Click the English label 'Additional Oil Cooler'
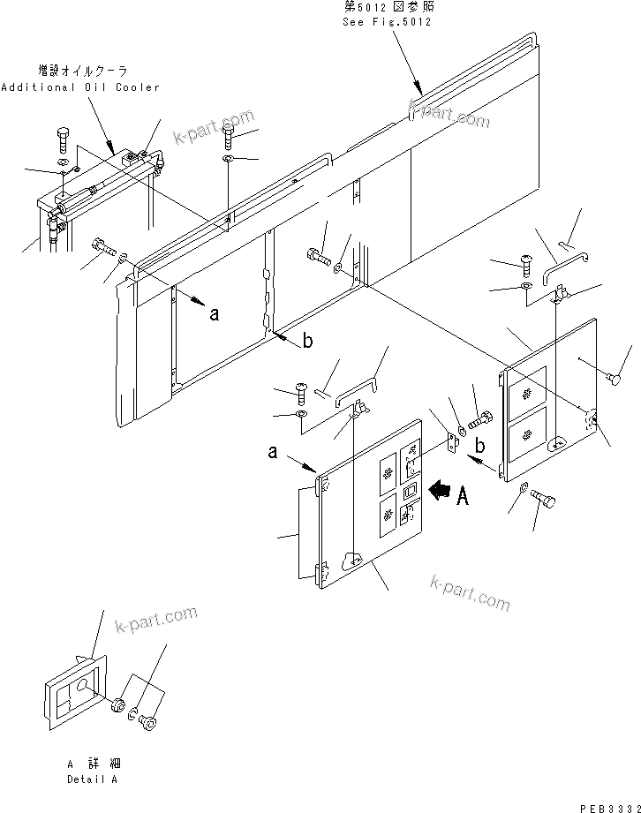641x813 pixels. coord(80,87)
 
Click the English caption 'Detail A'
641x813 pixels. coord(91,779)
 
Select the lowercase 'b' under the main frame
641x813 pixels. coord(306,343)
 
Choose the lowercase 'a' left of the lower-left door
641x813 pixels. coord(275,454)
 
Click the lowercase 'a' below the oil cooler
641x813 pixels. coord(214,312)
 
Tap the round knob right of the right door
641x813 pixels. coord(615,379)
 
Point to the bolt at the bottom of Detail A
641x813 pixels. coord(148,725)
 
